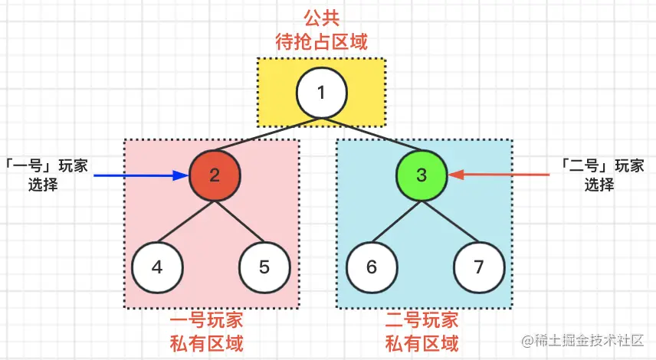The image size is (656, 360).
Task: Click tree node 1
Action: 321,93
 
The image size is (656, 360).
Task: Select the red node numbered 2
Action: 215,175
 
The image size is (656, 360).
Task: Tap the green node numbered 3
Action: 421,175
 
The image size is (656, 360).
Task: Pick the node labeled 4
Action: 157,268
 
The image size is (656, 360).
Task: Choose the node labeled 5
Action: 264,268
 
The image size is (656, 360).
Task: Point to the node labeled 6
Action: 372,268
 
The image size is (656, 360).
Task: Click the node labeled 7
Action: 479,268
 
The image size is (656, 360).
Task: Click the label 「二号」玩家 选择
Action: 599,175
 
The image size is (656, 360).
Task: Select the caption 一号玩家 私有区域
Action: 211,331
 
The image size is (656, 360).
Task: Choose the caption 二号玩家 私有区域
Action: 421,331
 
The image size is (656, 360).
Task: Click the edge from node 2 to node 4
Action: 186,222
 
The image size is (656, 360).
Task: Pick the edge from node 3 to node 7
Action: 450,222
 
